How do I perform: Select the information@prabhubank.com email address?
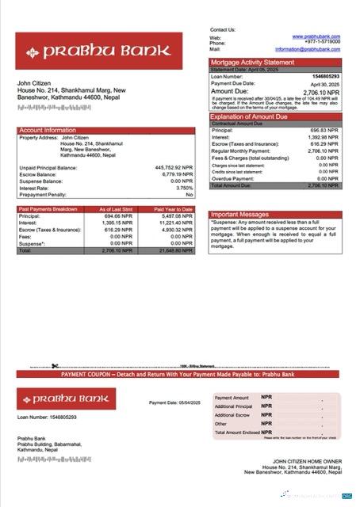point(308,49)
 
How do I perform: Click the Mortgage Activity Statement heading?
point(251,61)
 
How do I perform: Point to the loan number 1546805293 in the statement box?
point(323,76)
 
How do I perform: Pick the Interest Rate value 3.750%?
point(183,188)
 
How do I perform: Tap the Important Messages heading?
point(239,214)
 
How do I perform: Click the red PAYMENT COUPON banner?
point(179,373)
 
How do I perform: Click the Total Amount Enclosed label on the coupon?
point(235,433)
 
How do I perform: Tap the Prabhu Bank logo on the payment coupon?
point(66,398)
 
